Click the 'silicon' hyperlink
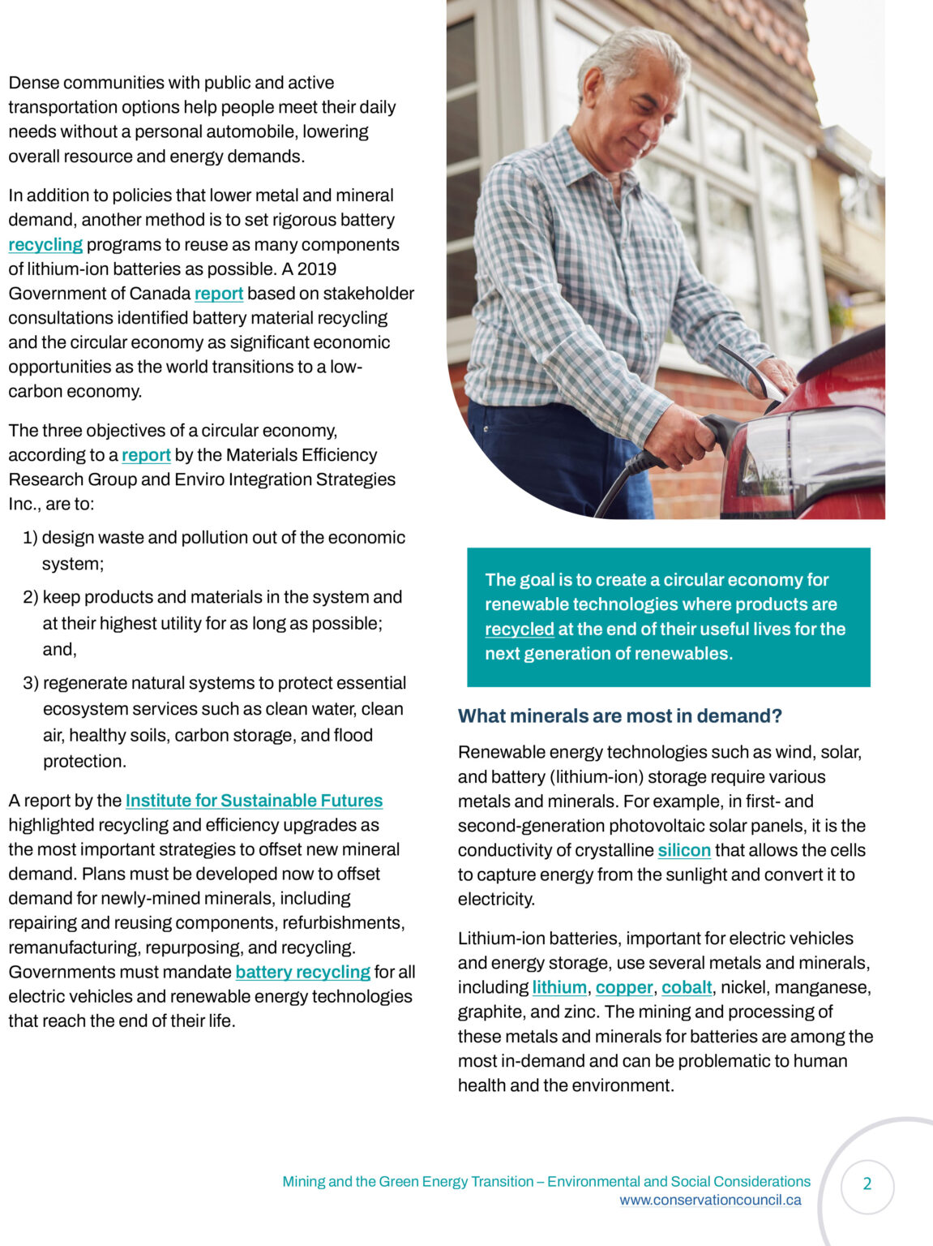(x=683, y=850)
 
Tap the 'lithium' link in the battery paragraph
(x=559, y=987)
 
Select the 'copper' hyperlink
(x=624, y=987)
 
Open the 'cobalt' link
(x=687, y=987)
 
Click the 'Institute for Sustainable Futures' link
(x=254, y=801)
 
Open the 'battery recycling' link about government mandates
(x=302, y=972)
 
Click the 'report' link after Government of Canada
(x=219, y=294)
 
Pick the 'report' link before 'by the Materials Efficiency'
(x=146, y=455)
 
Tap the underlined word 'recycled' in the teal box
(x=519, y=629)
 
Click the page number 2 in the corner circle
(x=867, y=1184)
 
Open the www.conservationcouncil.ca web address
(x=710, y=1201)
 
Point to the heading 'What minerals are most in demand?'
(x=619, y=716)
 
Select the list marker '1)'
(x=31, y=538)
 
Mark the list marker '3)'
(x=31, y=683)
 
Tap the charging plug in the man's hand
(x=713, y=430)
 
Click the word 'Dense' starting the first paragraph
(x=33, y=83)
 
